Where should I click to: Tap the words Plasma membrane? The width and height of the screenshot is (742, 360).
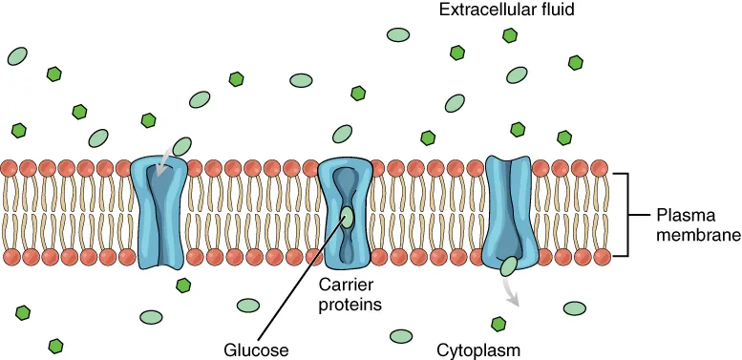point(693,224)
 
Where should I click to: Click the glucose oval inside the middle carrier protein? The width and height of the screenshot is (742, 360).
point(346,216)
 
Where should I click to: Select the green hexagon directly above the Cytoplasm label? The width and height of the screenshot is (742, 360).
point(498,325)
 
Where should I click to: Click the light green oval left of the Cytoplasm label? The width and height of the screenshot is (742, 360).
point(400,336)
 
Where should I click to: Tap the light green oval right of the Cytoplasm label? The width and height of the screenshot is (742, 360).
point(575,308)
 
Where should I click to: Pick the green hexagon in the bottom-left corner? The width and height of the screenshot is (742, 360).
point(56,345)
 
